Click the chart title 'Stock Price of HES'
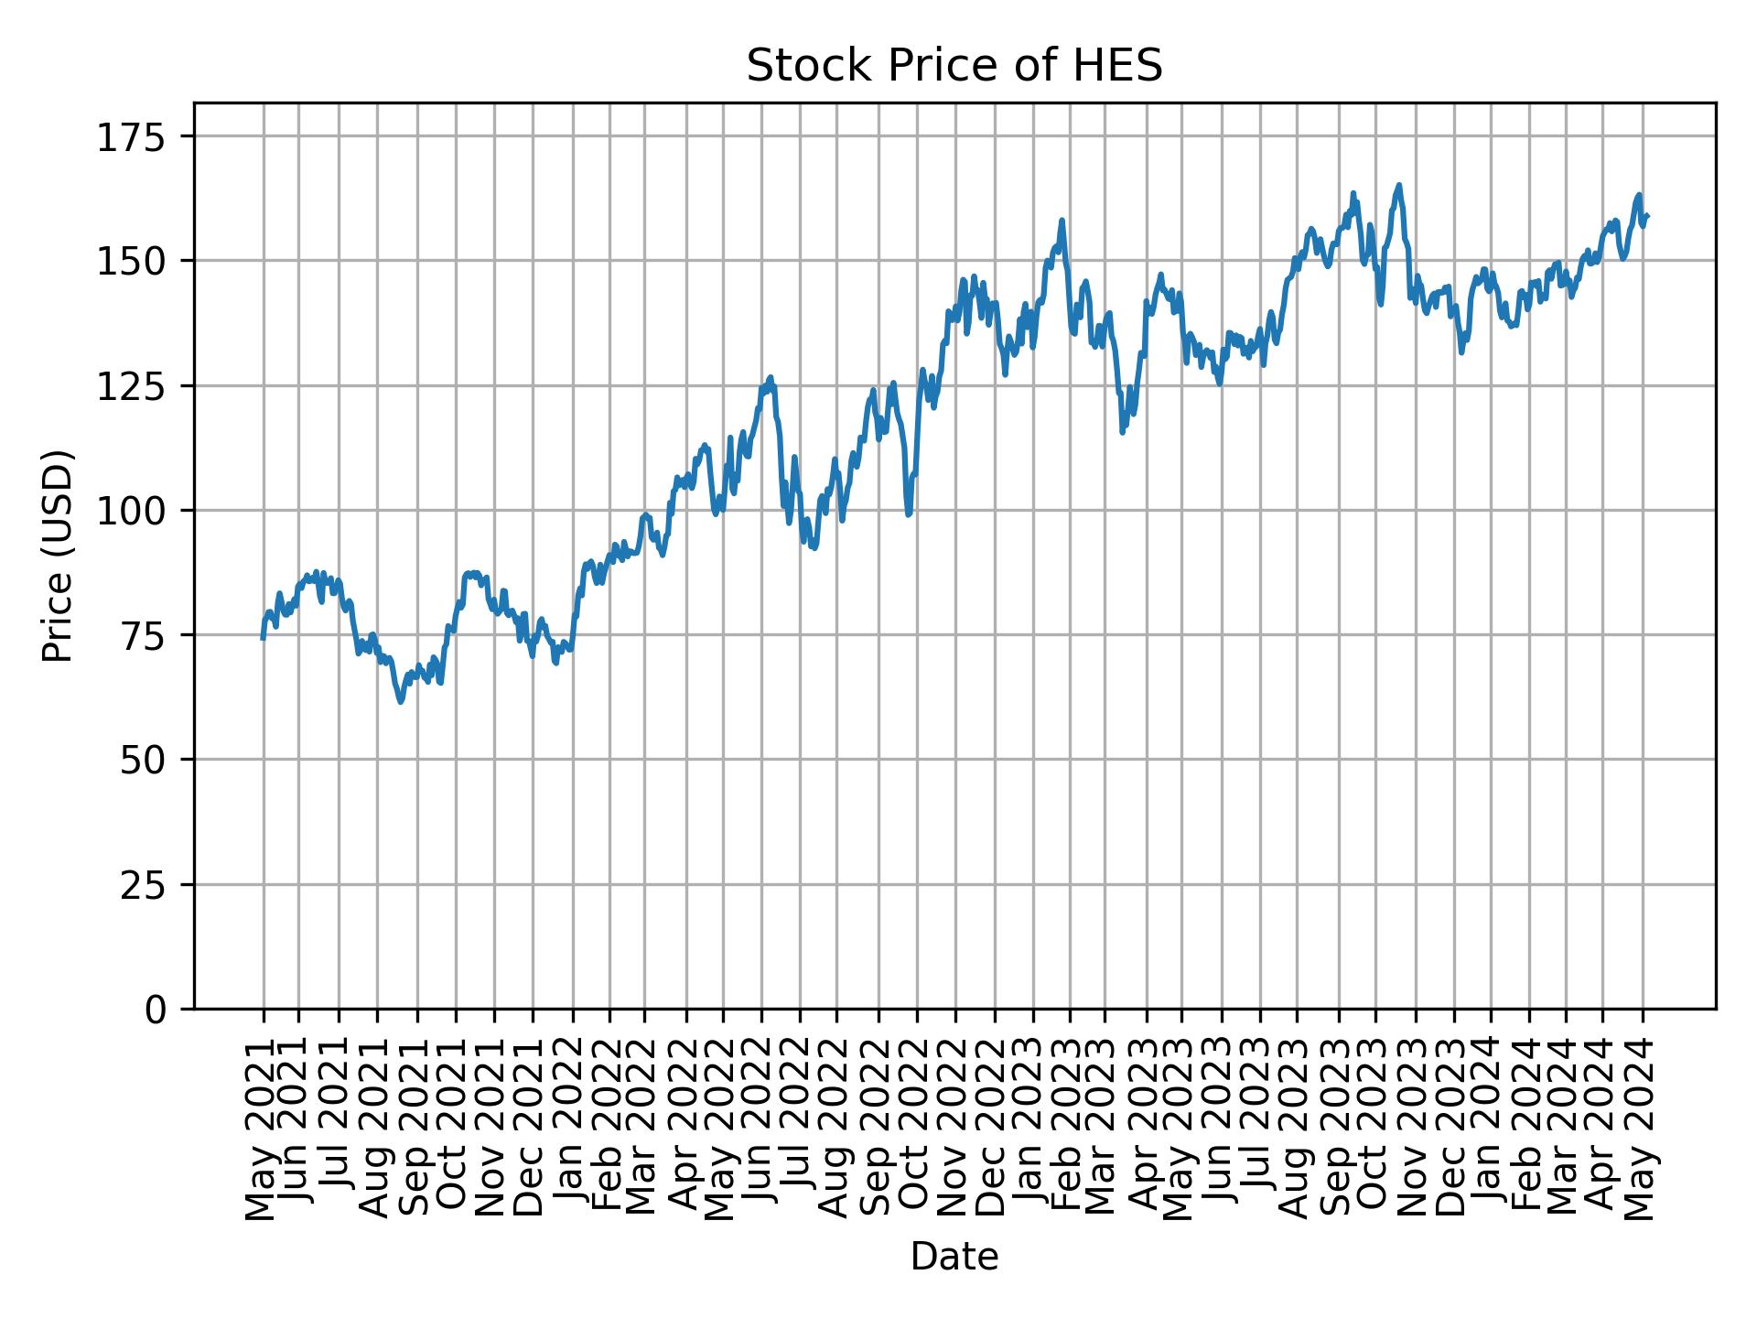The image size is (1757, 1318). click(x=954, y=67)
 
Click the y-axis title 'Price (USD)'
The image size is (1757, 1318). click(x=59, y=556)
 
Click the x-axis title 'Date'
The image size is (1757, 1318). click(x=954, y=1258)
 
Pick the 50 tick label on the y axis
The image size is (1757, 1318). click(x=155, y=760)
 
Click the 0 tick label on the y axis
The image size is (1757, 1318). click(x=166, y=1010)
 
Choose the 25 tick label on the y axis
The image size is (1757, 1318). click(x=155, y=885)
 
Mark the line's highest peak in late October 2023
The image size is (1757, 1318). click(x=1398, y=185)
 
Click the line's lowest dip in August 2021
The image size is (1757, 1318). click(x=401, y=702)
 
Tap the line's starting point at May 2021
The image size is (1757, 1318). click(x=264, y=638)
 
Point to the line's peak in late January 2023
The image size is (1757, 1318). click(x=1062, y=220)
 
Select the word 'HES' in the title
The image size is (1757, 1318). click(x=1123, y=67)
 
